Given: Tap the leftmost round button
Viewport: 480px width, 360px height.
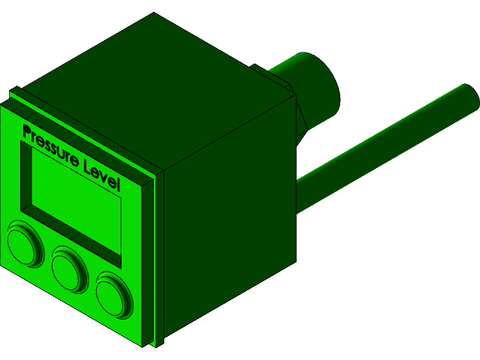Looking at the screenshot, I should pos(25,244).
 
